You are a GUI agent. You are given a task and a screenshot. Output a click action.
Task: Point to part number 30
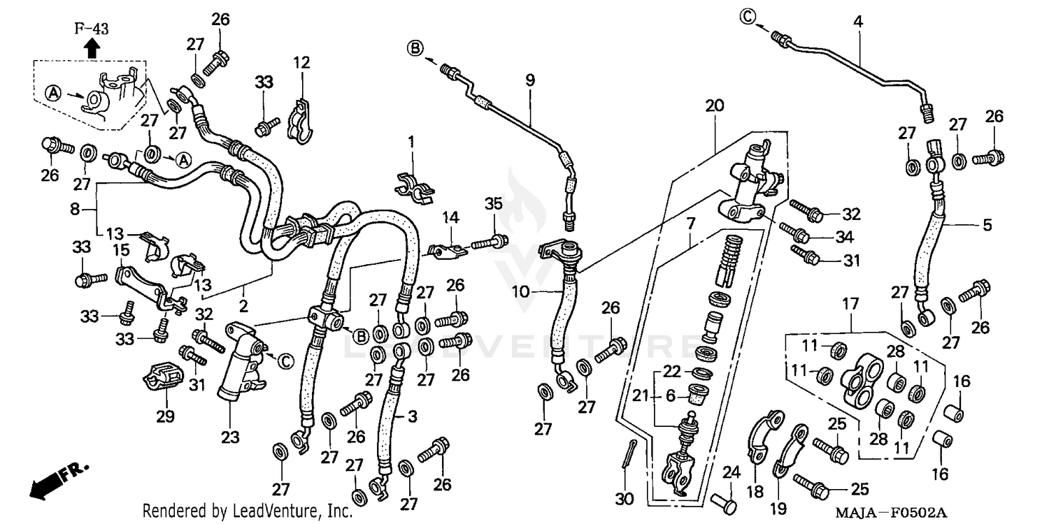coord(625,500)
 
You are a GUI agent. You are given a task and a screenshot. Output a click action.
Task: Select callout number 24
coord(730,472)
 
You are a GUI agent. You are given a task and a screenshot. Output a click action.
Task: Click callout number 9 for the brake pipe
coord(530,80)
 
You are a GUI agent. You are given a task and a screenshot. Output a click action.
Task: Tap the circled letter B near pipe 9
coord(415,48)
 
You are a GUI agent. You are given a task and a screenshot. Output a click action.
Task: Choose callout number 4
coord(857,22)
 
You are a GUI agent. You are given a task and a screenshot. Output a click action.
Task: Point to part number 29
coord(165,416)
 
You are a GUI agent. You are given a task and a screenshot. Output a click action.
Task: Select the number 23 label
coord(230,437)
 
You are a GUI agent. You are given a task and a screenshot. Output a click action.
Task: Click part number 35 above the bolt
coord(494,204)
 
